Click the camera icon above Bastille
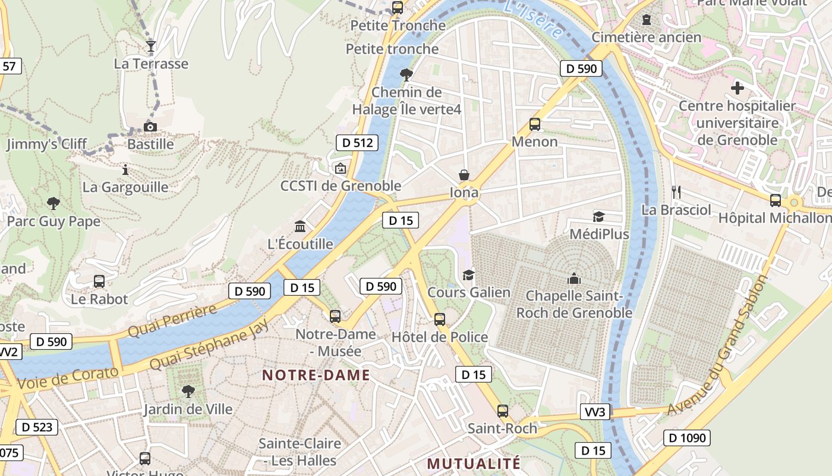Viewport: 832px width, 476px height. point(150,127)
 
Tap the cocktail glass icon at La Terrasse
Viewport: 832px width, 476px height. point(151,46)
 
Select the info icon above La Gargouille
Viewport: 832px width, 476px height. point(125,170)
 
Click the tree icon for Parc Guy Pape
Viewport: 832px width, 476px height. point(53,203)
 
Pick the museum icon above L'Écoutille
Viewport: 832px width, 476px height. point(300,227)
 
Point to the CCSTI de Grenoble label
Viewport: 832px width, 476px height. point(341,186)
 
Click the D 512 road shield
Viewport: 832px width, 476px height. point(357,143)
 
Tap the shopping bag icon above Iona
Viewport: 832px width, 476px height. point(464,175)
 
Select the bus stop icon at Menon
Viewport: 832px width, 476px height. point(535,124)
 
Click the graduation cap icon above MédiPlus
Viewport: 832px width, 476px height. point(598,217)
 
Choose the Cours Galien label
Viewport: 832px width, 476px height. point(469,292)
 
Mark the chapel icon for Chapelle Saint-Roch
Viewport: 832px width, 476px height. point(574,278)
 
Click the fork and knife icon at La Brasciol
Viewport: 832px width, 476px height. point(676,192)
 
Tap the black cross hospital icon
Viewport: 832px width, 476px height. point(738,88)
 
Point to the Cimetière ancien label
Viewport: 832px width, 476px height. point(647,37)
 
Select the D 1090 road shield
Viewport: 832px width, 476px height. point(687,439)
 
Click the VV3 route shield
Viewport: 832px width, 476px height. point(595,412)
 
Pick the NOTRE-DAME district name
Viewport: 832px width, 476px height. point(316,375)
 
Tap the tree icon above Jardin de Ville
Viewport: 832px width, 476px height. point(188,391)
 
